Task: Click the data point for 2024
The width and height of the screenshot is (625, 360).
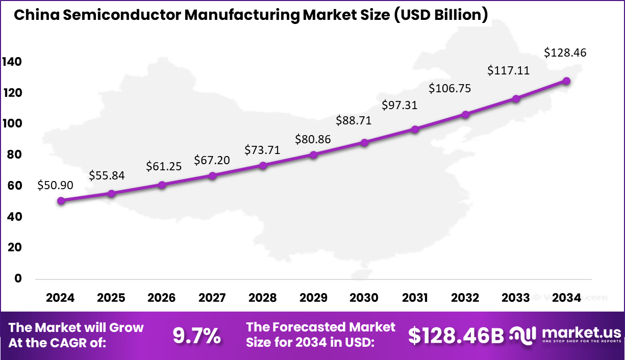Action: [x=61, y=201]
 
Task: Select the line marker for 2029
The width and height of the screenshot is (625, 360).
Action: [x=314, y=155]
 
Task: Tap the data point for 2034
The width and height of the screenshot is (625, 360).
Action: [x=566, y=81]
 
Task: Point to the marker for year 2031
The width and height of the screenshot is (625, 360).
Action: [x=415, y=129]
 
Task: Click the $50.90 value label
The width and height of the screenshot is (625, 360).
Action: [x=55, y=186]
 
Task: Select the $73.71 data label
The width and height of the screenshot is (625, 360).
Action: [x=262, y=150]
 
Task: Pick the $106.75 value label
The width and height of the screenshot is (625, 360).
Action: [x=449, y=88]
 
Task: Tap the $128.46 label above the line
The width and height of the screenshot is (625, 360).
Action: [x=565, y=53]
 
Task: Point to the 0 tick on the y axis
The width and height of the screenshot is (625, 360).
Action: [x=18, y=278]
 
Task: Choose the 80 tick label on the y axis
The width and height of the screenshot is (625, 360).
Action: [x=15, y=155]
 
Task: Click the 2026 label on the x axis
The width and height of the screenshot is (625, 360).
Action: [x=162, y=298]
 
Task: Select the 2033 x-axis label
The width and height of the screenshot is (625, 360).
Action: [x=516, y=298]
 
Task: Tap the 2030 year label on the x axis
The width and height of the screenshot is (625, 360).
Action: [x=364, y=298]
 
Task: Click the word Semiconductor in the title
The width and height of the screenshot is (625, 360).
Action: [x=122, y=15]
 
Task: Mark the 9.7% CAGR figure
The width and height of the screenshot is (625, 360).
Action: [x=196, y=336]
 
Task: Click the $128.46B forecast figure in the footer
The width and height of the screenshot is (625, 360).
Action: [x=456, y=335]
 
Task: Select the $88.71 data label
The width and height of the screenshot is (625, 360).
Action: [x=354, y=121]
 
